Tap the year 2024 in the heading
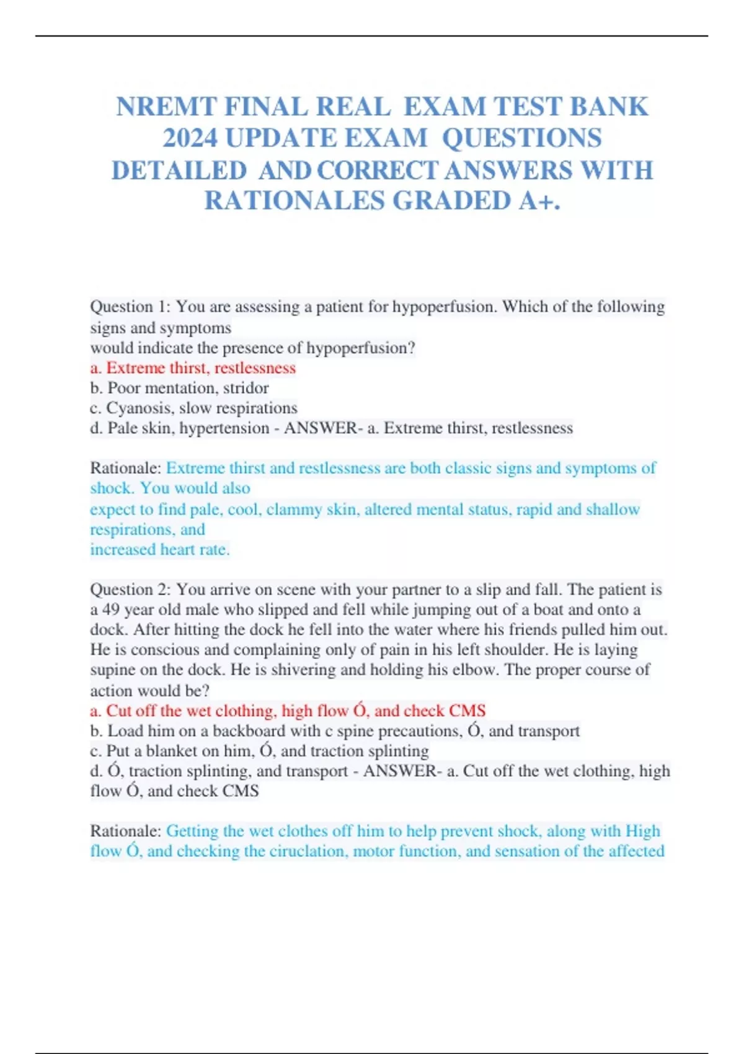coord(190,138)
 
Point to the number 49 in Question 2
coord(111,609)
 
